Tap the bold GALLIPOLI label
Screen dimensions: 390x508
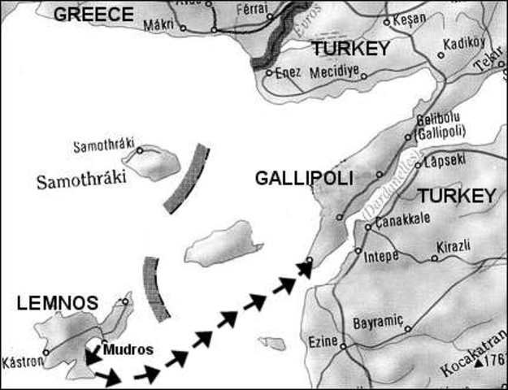303,178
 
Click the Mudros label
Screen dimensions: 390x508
129,350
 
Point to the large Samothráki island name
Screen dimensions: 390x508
82,180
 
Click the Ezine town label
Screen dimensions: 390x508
323,342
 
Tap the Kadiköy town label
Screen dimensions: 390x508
467,44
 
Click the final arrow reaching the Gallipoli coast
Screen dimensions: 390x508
304,268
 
